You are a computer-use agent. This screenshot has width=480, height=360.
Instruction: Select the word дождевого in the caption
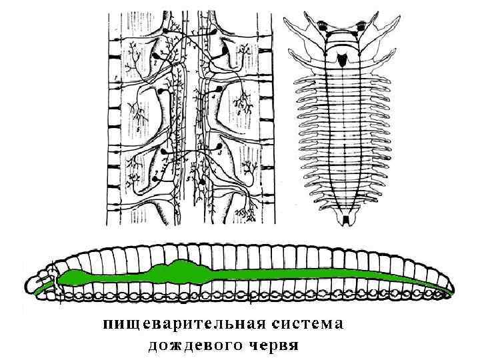pos(193,345)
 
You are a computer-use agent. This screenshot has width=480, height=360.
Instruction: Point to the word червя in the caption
pos(273,345)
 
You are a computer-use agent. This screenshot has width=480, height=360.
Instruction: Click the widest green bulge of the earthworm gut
pos(179,270)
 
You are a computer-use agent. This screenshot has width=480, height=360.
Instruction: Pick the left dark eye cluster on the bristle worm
pos(325,26)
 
